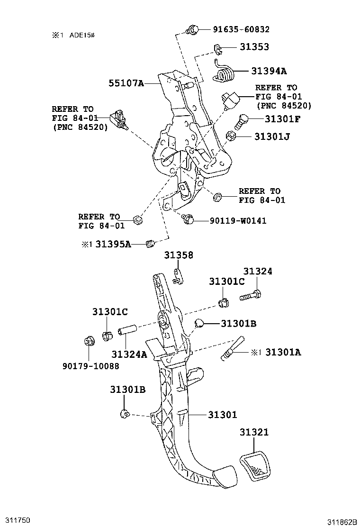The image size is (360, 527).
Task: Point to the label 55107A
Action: point(126,83)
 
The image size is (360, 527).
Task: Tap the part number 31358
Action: point(179,255)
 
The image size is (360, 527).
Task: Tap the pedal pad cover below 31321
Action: point(254,467)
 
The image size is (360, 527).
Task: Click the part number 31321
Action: point(253,432)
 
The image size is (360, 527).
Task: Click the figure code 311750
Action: point(18,520)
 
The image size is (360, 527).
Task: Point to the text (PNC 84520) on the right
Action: point(284,106)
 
